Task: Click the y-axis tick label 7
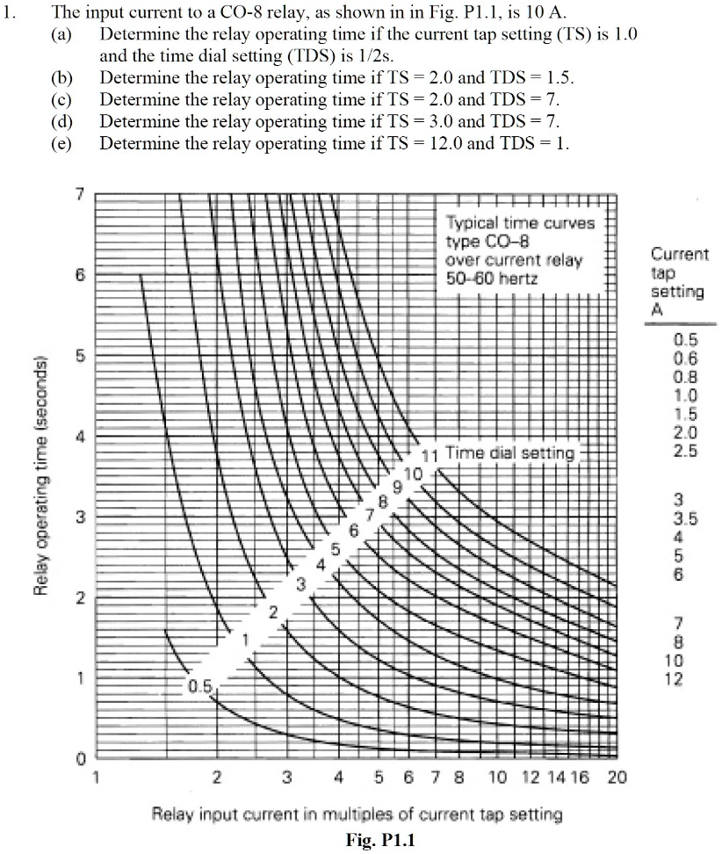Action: click(x=80, y=194)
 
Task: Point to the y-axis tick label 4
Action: click(x=80, y=437)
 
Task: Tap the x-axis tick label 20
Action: click(x=616, y=777)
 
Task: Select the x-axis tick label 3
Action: click(x=287, y=777)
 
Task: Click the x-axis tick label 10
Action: click(x=497, y=777)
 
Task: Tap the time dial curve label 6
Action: click(x=354, y=531)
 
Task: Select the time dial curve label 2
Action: click(x=272, y=612)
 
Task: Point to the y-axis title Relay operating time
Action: click(x=40, y=475)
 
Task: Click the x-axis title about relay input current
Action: click(x=357, y=814)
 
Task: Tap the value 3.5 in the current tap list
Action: click(x=685, y=519)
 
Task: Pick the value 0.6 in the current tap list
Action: click(x=685, y=358)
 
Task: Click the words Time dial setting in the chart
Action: click(x=509, y=453)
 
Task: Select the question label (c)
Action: click(x=61, y=99)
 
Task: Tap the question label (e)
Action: click(x=61, y=143)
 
